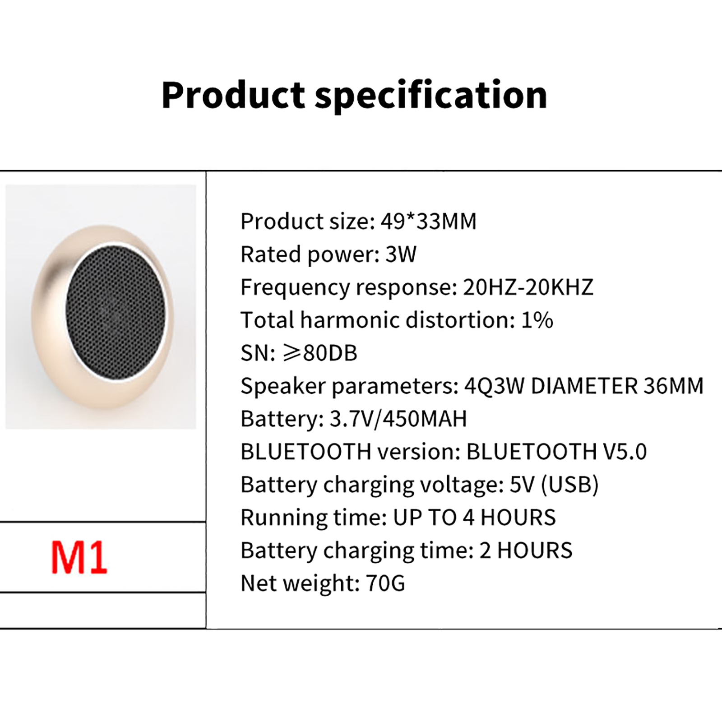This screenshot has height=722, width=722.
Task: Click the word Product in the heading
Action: (x=233, y=95)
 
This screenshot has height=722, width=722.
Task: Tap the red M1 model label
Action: (x=79, y=558)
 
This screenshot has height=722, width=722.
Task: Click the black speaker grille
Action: (x=116, y=312)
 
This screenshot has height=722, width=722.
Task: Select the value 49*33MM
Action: (x=429, y=221)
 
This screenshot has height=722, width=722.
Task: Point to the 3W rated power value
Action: (x=401, y=254)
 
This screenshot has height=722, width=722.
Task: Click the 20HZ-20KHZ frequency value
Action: (x=528, y=287)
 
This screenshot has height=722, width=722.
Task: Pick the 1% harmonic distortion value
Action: (x=537, y=320)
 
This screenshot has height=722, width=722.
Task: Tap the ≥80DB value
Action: (x=320, y=353)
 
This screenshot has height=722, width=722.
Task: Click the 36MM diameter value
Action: (x=673, y=386)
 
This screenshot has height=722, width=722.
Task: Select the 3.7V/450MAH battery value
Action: (x=398, y=419)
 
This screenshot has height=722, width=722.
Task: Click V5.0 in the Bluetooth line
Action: (x=625, y=452)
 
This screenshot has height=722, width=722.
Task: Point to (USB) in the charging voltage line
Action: (x=569, y=485)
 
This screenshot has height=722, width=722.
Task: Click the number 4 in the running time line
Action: (x=469, y=518)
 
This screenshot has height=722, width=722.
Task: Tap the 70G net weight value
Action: (x=386, y=583)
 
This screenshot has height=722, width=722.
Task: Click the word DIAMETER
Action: (x=584, y=386)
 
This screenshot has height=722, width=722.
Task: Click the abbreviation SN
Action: (x=255, y=353)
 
